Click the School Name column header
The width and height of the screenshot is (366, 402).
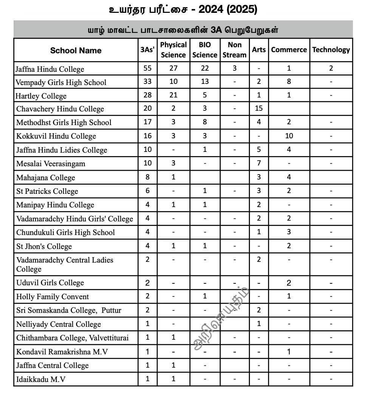point(76,50)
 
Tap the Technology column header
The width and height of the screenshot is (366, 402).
point(331,49)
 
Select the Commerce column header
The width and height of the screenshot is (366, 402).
point(289,49)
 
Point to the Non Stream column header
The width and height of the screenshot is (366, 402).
point(234,50)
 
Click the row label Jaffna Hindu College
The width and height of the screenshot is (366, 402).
point(50,69)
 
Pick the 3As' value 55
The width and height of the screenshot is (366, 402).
point(147,68)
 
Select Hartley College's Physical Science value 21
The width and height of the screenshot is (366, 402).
point(173,95)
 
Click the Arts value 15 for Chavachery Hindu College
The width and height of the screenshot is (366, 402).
point(259,108)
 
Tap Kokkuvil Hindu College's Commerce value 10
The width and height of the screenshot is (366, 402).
point(289,136)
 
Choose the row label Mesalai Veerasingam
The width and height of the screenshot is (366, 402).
point(51,164)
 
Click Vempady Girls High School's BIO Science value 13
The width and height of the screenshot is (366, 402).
point(205,82)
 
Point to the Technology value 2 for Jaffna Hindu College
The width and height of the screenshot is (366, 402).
point(331,68)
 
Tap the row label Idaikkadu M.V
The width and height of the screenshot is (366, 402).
point(41,379)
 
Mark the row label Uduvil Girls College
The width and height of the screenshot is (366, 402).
point(50,283)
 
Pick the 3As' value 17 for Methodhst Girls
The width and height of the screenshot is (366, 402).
point(147,122)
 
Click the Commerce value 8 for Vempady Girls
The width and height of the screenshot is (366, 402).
point(289,82)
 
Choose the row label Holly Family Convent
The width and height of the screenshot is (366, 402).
point(53,297)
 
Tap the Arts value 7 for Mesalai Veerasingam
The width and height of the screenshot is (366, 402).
point(259,163)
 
